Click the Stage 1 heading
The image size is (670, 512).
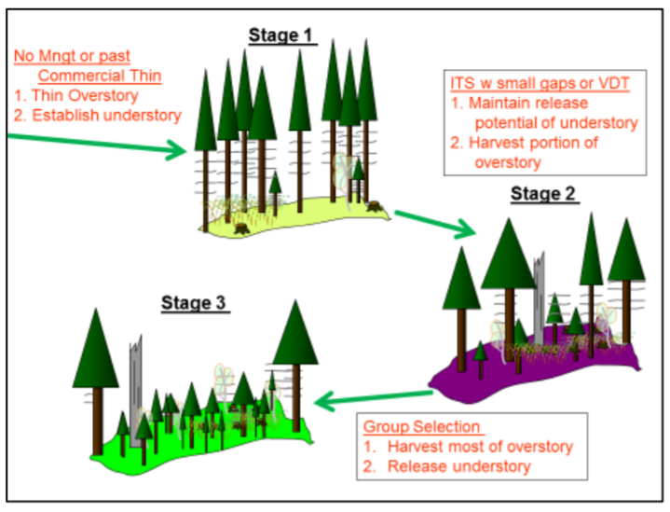[x=280, y=35]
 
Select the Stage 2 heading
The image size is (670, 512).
[x=543, y=194]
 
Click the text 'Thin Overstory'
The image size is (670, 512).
[x=85, y=95]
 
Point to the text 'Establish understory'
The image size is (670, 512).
[x=107, y=116]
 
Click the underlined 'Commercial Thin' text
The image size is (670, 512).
[x=100, y=76]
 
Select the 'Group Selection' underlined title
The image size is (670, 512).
[x=422, y=426]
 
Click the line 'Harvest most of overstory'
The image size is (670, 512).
[x=480, y=447]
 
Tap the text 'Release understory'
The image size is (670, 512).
[x=459, y=466]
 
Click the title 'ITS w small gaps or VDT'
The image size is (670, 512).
[x=540, y=83]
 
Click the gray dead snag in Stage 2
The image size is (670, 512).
[x=539, y=298]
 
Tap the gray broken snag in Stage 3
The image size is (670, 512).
[x=135, y=392]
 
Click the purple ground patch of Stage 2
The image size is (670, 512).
[x=534, y=372]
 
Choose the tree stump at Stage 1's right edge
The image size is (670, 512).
[x=375, y=206]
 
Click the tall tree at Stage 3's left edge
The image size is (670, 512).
[x=96, y=381]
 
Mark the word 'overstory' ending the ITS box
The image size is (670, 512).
[x=508, y=162]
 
